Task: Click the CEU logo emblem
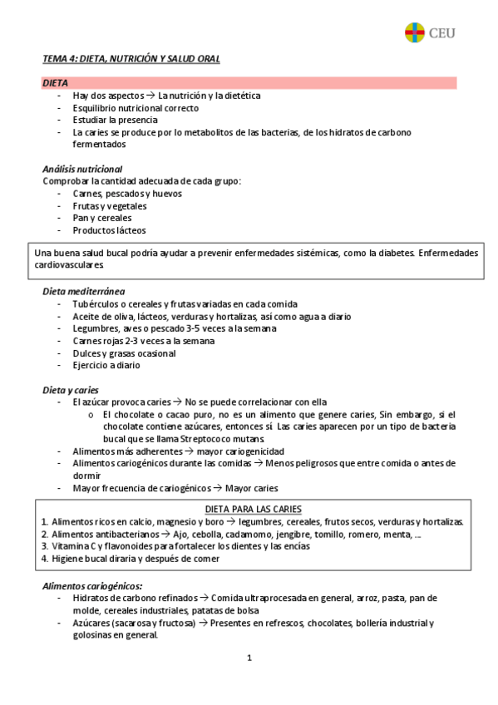(414, 33)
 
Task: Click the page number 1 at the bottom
(249, 658)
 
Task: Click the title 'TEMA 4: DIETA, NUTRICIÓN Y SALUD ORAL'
(131, 59)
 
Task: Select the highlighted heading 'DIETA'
(56, 83)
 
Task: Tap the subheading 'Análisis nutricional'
(82, 169)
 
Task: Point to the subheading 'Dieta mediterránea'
(84, 292)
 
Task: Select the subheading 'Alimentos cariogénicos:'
(92, 585)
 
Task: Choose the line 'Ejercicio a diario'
(106, 365)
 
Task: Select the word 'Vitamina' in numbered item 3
(71, 546)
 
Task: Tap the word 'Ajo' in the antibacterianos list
(180, 534)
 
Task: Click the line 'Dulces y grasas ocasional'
(124, 352)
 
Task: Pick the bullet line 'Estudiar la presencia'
(116, 120)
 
